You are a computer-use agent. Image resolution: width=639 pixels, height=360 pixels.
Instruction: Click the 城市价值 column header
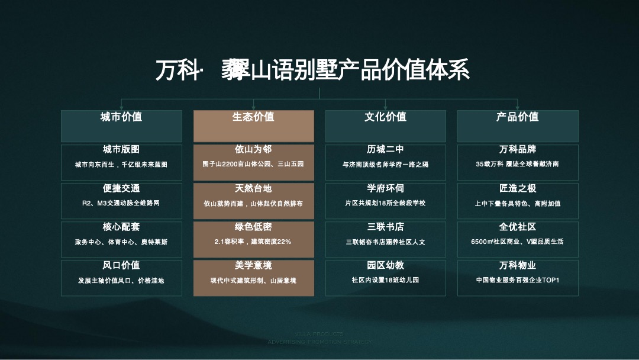(x=121, y=117)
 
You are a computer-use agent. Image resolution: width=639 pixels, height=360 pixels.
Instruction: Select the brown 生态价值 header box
(x=253, y=125)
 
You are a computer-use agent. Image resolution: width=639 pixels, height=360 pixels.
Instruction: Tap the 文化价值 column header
(x=385, y=117)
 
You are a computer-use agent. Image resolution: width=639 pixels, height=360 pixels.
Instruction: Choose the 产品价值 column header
(x=517, y=117)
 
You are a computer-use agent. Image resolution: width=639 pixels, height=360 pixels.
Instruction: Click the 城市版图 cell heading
(x=121, y=150)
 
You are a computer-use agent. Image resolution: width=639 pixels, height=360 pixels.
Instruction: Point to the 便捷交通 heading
(x=121, y=188)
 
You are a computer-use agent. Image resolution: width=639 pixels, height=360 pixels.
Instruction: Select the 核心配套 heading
(x=121, y=227)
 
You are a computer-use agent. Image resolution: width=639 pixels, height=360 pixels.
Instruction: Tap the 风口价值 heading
(x=121, y=265)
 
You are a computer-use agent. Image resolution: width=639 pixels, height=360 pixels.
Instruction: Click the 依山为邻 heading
(x=253, y=150)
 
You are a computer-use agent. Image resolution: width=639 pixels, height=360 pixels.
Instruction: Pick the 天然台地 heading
(x=253, y=188)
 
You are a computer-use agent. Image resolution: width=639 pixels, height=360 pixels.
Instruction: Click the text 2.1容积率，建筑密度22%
(x=253, y=242)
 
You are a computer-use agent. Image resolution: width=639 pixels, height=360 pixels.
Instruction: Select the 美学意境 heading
(x=253, y=265)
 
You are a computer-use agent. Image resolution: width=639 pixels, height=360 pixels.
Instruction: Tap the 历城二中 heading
(x=385, y=150)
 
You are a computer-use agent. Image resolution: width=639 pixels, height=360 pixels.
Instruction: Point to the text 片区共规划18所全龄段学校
(x=385, y=203)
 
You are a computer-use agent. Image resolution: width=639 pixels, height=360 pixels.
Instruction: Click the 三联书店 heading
(x=385, y=227)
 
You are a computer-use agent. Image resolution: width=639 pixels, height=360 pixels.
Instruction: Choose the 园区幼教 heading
(x=385, y=265)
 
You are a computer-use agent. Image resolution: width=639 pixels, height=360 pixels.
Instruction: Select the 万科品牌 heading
(x=517, y=150)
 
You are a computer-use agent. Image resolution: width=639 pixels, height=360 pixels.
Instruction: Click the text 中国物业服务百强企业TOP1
(x=517, y=280)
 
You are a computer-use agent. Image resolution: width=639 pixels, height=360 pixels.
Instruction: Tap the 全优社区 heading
(x=517, y=227)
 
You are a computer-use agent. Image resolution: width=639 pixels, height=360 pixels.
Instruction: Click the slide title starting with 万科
(x=312, y=70)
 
